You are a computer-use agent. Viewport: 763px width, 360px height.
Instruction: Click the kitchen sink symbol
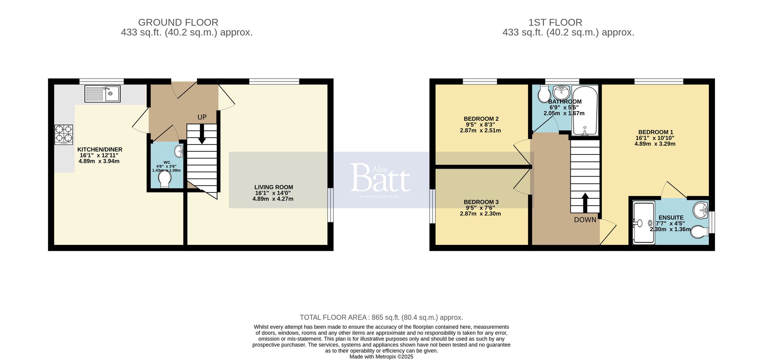pyautogui.click(x=102, y=93)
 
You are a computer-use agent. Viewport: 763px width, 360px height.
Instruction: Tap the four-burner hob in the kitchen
pyautogui.click(x=64, y=135)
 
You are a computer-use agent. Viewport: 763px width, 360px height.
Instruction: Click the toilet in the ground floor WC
pyautogui.click(x=165, y=180)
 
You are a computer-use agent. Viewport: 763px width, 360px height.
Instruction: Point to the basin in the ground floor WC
pyautogui.click(x=179, y=151)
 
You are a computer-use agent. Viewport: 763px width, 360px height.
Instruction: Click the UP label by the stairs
pyautogui.click(x=202, y=117)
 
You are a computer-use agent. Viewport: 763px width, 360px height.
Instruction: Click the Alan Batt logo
pyautogui.click(x=380, y=178)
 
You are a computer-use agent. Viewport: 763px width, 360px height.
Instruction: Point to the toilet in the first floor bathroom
pyautogui.click(x=544, y=94)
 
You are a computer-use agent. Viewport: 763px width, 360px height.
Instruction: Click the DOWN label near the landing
pyautogui.click(x=585, y=220)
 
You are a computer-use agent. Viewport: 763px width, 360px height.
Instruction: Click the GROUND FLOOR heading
pyautogui.click(x=178, y=22)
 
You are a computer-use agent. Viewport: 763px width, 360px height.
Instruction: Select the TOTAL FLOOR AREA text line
pyautogui.click(x=381, y=317)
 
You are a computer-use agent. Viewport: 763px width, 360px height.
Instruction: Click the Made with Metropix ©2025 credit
pyautogui.click(x=381, y=357)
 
